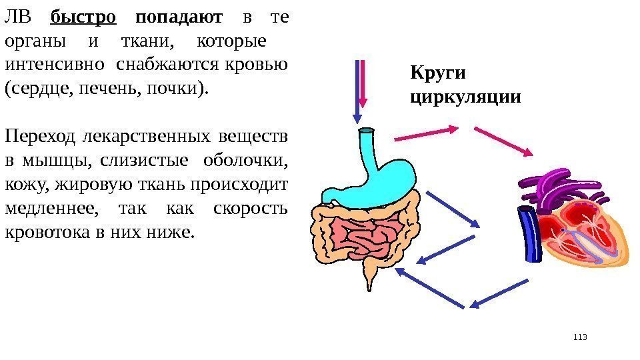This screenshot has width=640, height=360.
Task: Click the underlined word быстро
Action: tap(83, 17)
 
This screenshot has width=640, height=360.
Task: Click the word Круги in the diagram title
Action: tap(437, 72)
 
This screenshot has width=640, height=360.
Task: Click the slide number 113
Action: tap(580, 337)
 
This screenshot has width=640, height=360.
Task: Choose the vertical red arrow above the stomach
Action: tap(363, 83)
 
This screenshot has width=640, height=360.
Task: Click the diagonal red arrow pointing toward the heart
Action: tap(503, 141)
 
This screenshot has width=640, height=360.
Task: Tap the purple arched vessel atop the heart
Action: tap(553, 183)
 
